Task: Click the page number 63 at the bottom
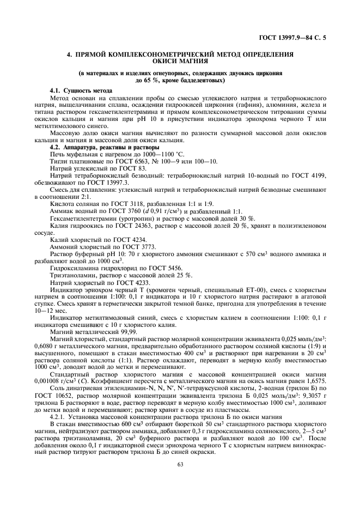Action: tap(180, 464)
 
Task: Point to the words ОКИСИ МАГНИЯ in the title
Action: tap(180, 62)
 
